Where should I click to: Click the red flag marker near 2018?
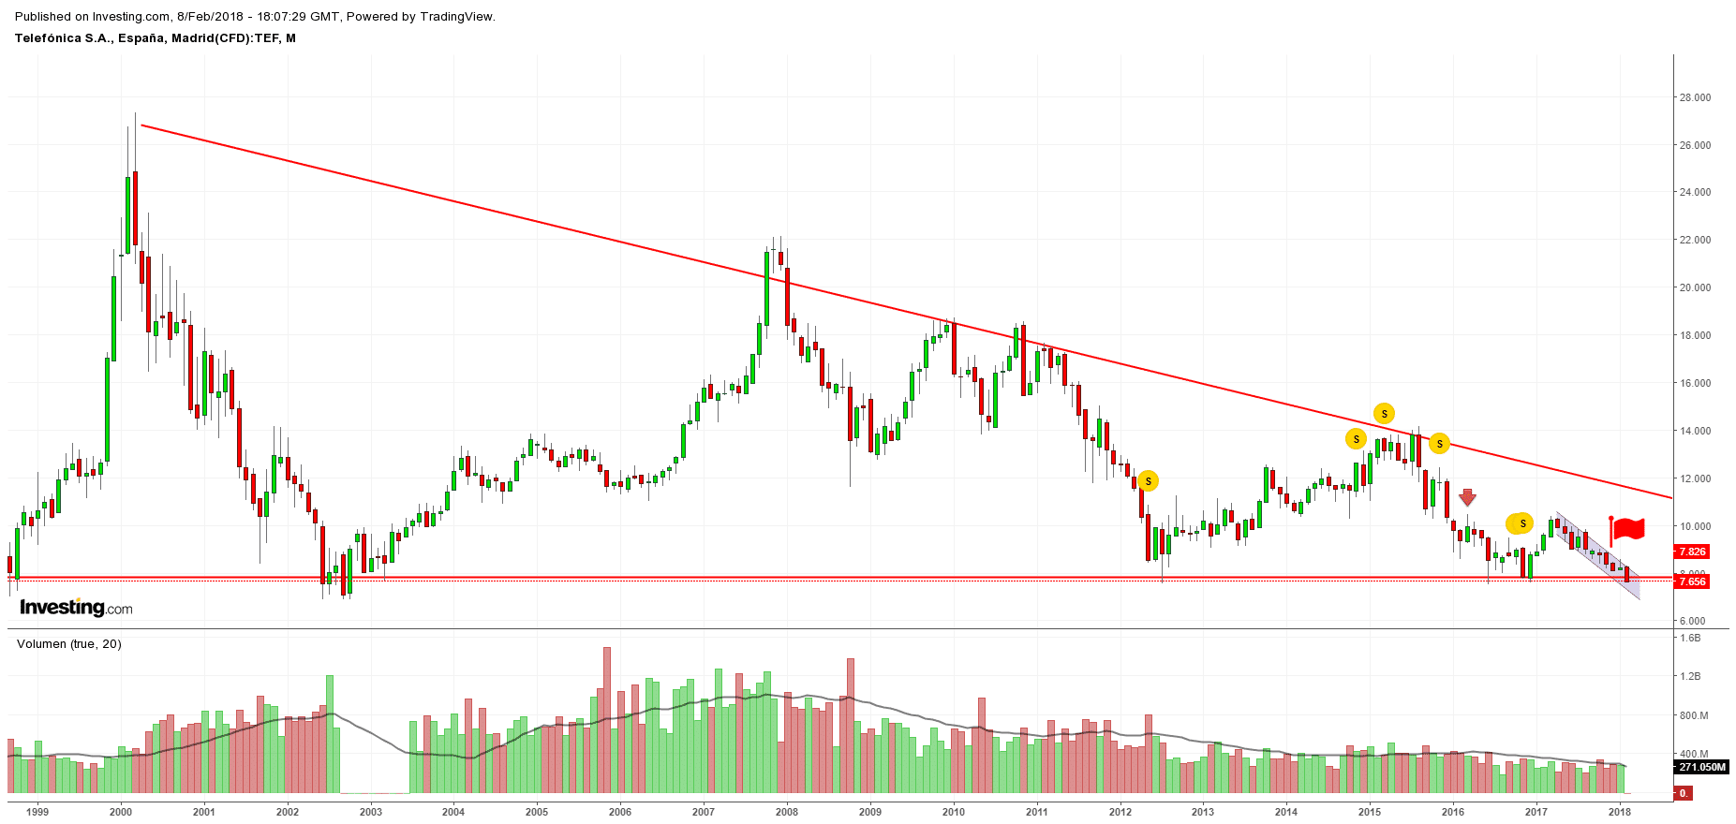pyautogui.click(x=1628, y=529)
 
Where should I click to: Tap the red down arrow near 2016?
pyautogui.click(x=1467, y=497)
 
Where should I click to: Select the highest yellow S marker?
pyautogui.click(x=1384, y=413)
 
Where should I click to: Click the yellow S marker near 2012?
pyautogui.click(x=1148, y=481)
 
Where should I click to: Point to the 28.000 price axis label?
pyautogui.click(x=1695, y=97)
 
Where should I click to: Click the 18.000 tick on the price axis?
pyautogui.click(x=1695, y=335)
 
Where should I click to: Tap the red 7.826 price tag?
pyautogui.click(x=1692, y=552)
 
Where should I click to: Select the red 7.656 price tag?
pyautogui.click(x=1692, y=581)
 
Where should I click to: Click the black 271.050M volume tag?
pyautogui.click(x=1700, y=767)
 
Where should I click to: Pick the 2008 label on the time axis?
pyautogui.click(x=787, y=812)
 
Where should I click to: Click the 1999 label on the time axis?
pyautogui.click(x=37, y=812)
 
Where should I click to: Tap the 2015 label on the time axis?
pyautogui.click(x=1370, y=812)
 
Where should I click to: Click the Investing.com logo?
pyautogui.click(x=76, y=608)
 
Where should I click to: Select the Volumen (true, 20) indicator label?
pyautogui.click(x=69, y=644)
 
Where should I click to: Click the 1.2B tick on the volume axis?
pyautogui.click(x=1690, y=676)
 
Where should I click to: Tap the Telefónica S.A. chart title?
pyautogui.click(x=156, y=38)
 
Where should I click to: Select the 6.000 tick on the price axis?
pyautogui.click(x=1692, y=621)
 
